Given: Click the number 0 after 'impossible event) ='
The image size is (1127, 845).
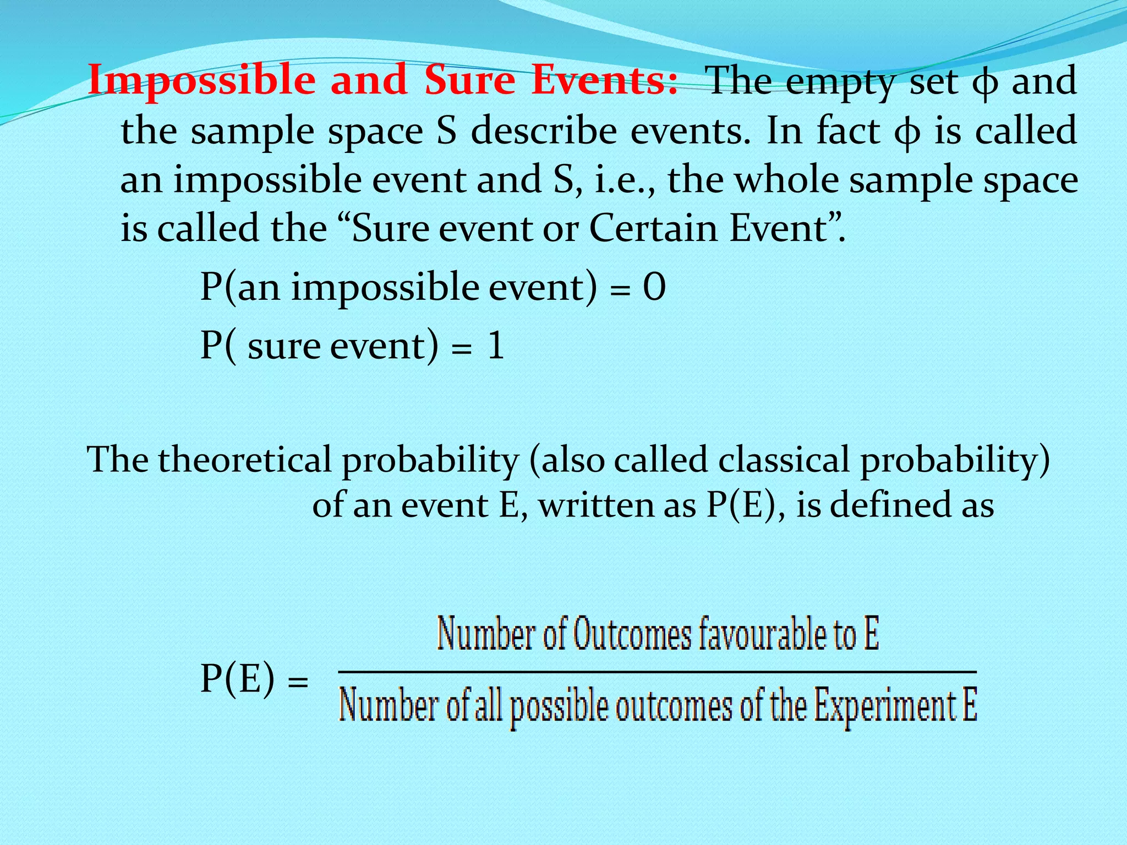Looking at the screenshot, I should click(654, 287).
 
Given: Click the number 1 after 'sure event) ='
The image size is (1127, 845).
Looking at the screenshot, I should click(496, 346).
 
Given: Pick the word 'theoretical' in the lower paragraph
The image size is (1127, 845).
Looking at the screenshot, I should click(245, 459).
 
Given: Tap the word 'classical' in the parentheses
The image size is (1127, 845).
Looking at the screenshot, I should click(660, 459).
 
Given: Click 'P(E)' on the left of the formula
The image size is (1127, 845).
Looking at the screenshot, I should click(237, 678).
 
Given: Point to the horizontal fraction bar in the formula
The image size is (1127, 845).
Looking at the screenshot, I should click(657, 672).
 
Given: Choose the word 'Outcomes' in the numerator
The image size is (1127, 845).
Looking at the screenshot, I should click(632, 634).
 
